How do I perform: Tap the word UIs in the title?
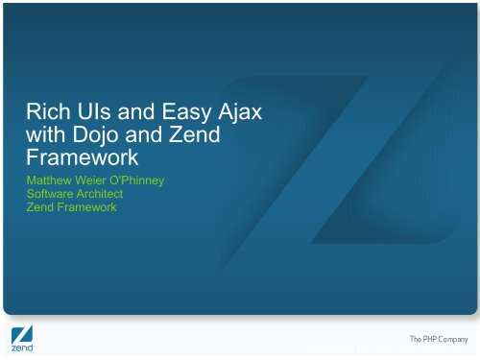tap(95, 118)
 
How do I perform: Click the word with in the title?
tap(51, 138)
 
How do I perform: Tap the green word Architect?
tap(109, 194)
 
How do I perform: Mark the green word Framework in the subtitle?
tap(90, 207)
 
